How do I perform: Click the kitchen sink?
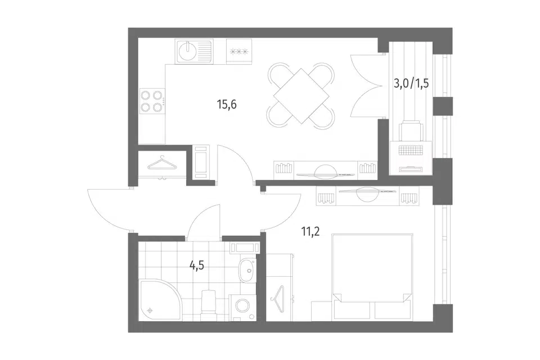click(194, 51)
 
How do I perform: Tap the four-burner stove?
click(152, 101)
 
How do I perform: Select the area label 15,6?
click(227, 104)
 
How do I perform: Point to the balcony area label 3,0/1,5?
click(411, 83)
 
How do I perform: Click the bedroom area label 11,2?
click(310, 232)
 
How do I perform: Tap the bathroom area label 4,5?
click(197, 265)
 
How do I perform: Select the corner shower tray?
click(159, 300)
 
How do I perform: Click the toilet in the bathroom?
click(208, 304)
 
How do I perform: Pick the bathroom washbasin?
click(247, 271)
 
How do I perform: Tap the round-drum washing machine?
click(243, 308)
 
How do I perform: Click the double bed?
click(372, 277)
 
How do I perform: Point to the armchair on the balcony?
click(411, 131)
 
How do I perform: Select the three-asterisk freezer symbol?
click(239, 52)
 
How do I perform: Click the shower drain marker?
click(150, 310)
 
